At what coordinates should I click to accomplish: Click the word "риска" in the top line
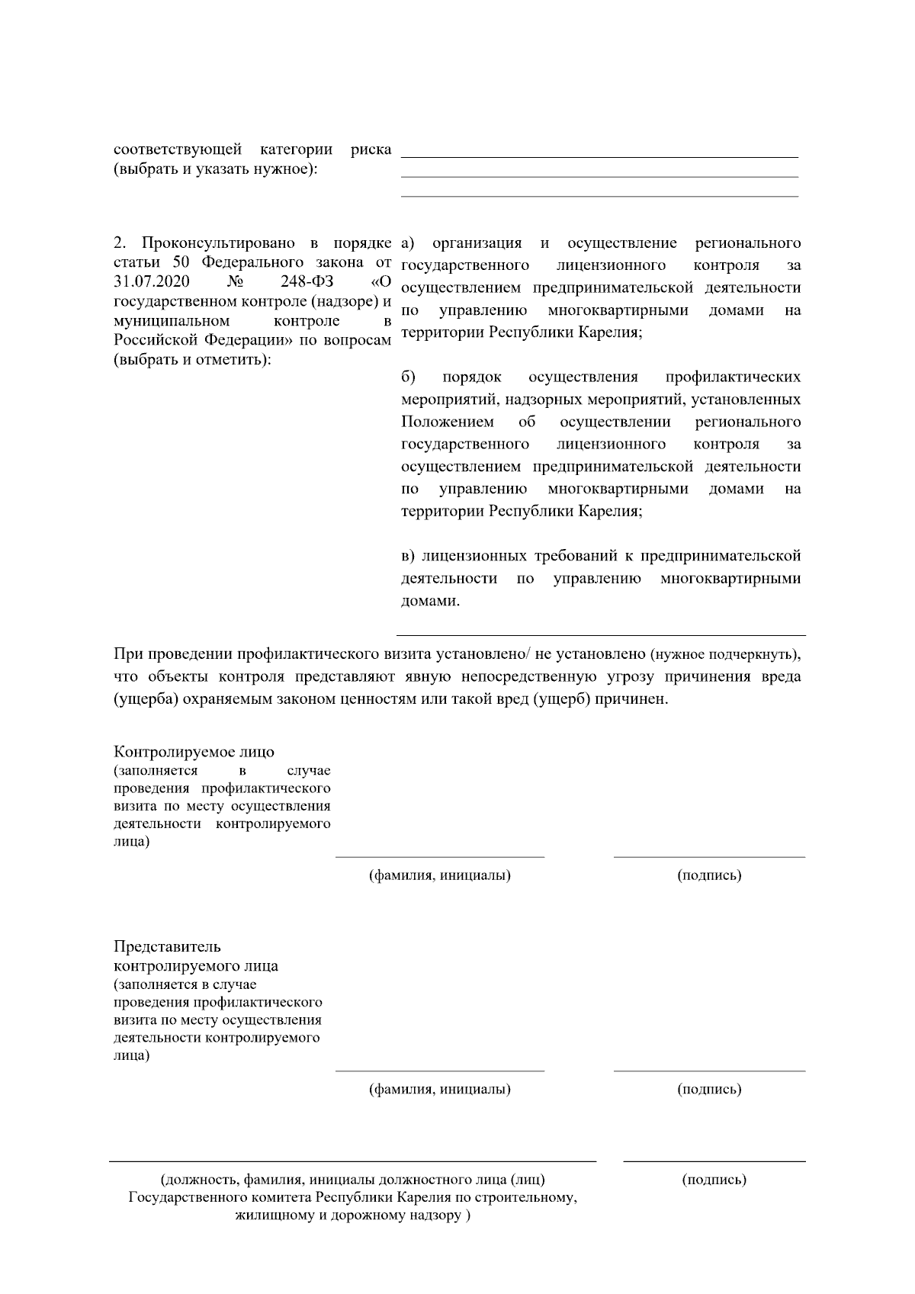tap(371, 149)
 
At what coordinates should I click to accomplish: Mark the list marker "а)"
tap(408, 243)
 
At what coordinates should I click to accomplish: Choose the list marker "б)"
tap(408, 377)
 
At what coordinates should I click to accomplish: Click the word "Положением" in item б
tap(448, 422)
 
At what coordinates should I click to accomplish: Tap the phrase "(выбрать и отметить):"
tap(191, 359)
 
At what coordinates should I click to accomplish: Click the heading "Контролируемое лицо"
tap(194, 752)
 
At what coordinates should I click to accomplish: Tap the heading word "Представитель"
tap(167, 946)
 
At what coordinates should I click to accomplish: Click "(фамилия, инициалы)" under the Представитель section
tap(440, 1089)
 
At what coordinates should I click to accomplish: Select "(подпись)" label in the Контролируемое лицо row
tap(709, 875)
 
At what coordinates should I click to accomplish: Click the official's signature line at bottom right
tap(714, 1161)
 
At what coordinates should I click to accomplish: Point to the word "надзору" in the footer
tap(436, 1215)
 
